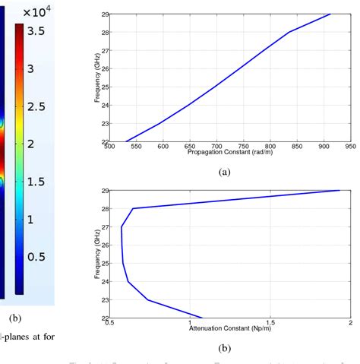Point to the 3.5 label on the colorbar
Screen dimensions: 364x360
(x=36, y=31)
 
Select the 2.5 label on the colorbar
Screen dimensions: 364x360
(x=36, y=106)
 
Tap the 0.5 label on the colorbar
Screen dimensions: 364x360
(x=36, y=256)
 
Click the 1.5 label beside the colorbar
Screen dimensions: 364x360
(x=36, y=181)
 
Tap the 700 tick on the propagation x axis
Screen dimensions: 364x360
(x=217, y=147)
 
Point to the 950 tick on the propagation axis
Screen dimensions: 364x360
(x=350, y=147)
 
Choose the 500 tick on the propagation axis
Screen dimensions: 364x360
(x=110, y=147)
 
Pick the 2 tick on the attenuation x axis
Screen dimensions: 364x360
(x=350, y=322)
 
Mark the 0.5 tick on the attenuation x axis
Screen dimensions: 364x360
(x=110, y=322)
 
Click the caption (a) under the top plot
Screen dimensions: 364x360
(x=224, y=173)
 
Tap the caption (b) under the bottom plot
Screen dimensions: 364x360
(x=224, y=348)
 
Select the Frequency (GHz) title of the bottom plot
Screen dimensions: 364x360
(x=97, y=254)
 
